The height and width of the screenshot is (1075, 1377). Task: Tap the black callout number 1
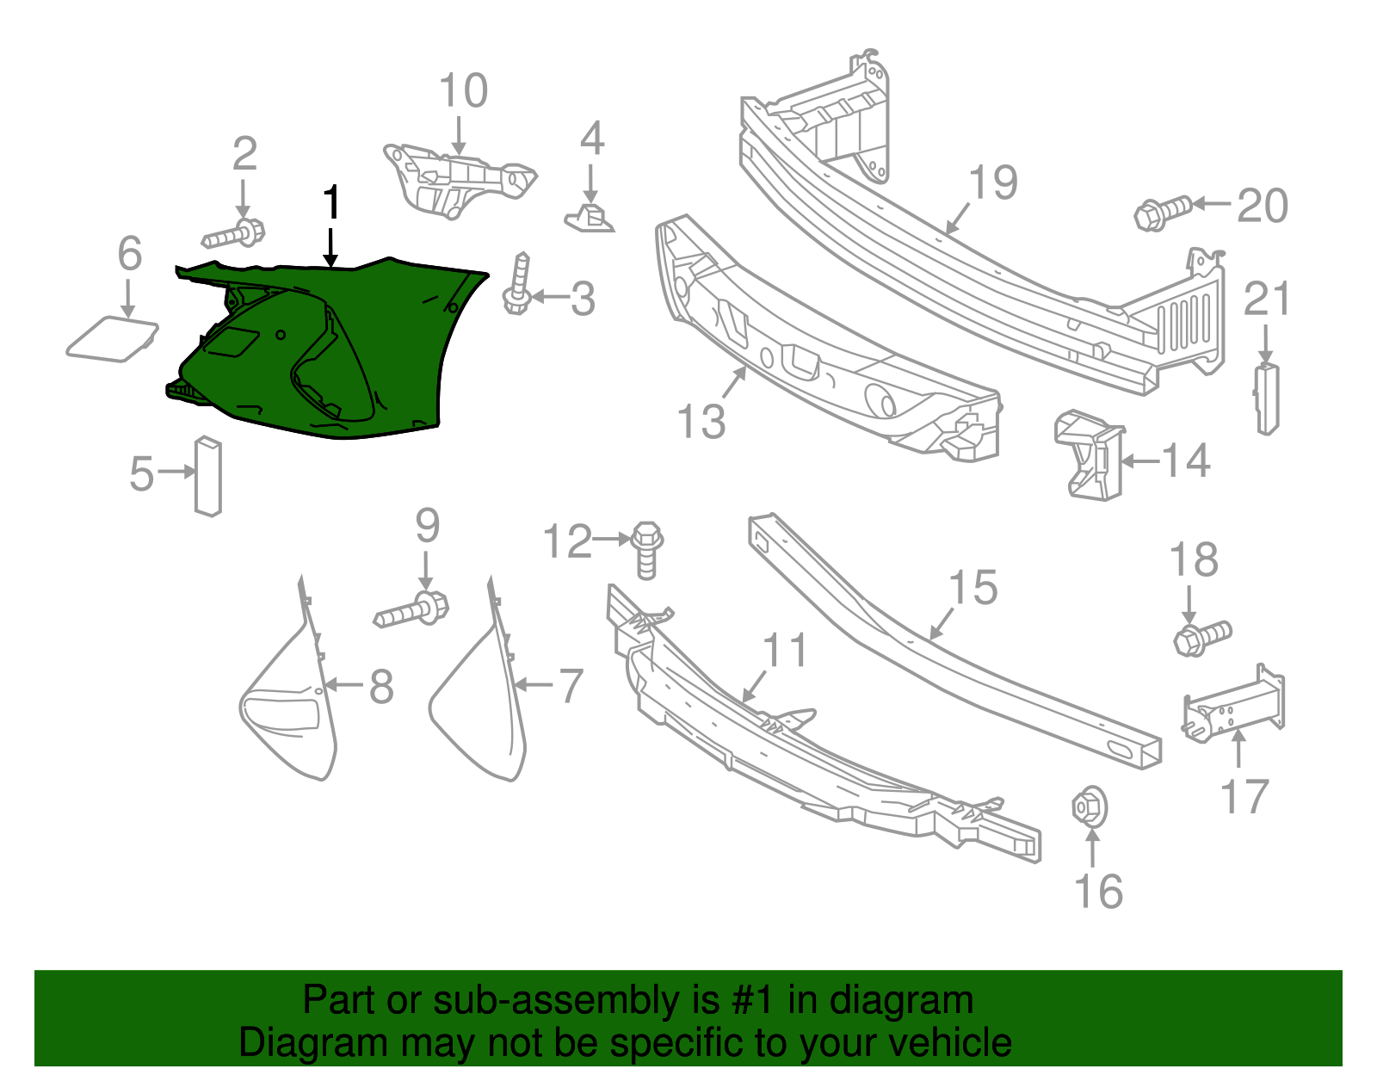(331, 205)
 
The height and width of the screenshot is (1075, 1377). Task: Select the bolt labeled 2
(235, 233)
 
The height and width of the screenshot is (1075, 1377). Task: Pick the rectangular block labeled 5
(208, 476)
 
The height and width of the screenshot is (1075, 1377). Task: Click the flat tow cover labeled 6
(113, 338)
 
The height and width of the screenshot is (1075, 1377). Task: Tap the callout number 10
(463, 91)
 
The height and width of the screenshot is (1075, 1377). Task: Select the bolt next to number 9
(411, 611)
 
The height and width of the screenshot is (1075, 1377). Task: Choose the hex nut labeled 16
(1089, 806)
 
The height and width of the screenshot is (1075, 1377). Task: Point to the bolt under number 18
(1202, 638)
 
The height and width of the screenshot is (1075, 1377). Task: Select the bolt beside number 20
(1163, 212)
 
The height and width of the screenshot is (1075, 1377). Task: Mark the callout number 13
(701, 422)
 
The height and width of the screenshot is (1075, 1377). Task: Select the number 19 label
(993, 182)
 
